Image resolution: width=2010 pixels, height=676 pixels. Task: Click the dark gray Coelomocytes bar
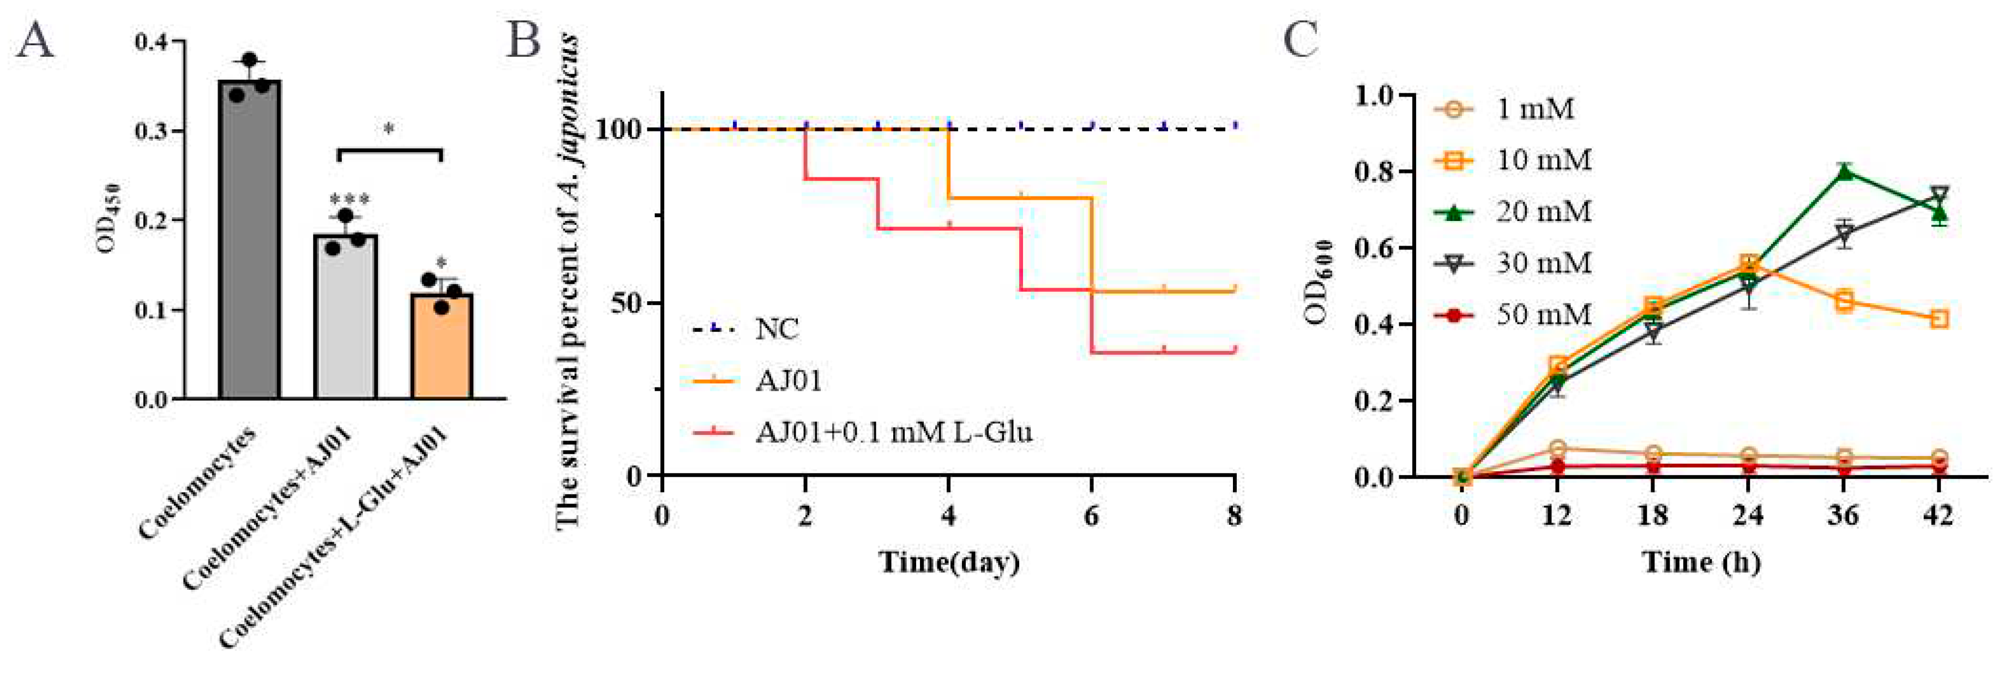(x=250, y=242)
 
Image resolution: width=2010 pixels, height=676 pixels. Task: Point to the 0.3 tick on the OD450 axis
(x=152, y=130)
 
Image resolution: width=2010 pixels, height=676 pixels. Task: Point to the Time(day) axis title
(x=949, y=562)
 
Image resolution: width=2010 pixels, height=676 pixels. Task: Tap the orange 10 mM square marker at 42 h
(x=1939, y=319)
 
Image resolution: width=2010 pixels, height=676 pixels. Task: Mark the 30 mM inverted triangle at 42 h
(x=1939, y=195)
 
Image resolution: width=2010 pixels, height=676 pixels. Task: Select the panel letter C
(x=1301, y=40)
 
